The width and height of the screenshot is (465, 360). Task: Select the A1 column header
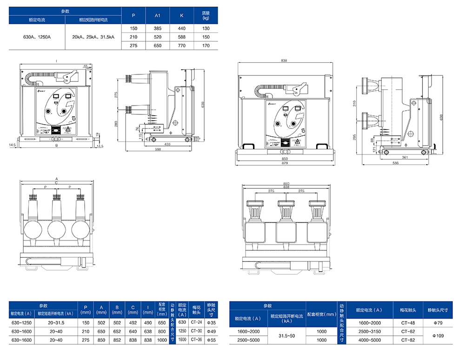(158, 15)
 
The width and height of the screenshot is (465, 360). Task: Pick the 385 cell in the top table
(158, 28)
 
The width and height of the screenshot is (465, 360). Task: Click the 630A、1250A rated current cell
(37, 37)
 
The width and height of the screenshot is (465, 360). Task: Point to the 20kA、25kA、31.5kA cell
(93, 37)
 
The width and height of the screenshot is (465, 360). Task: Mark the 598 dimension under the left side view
(158, 149)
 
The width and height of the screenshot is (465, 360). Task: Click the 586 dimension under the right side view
(396, 163)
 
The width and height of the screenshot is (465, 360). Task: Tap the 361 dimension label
(405, 158)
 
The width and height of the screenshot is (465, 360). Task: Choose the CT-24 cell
(196, 322)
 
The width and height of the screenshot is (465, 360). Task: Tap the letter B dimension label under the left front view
(56, 146)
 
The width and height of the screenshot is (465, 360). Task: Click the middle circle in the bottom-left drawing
(56, 229)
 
